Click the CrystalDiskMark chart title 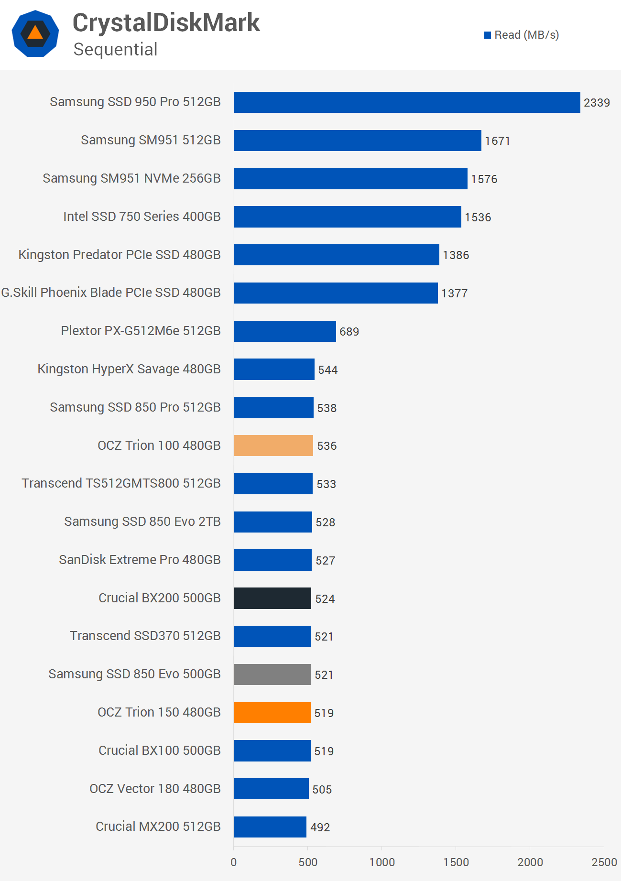(x=166, y=22)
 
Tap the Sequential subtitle (x=115, y=50)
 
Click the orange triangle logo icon (x=35, y=33)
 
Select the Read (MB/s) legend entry (x=522, y=35)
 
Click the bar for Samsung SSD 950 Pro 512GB (x=407, y=102)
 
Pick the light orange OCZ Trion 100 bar (x=273, y=446)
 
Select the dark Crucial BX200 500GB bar (x=272, y=598)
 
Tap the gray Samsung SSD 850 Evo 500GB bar (x=272, y=674)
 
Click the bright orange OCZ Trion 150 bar (x=272, y=713)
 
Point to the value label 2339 (x=597, y=103)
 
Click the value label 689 (x=349, y=332)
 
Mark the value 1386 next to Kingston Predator (x=456, y=255)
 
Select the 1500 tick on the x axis (x=456, y=862)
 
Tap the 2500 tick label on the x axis (x=604, y=862)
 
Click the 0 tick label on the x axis (x=234, y=862)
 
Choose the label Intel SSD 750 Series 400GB (x=142, y=217)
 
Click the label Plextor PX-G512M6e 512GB (x=141, y=331)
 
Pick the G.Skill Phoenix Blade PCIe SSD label (x=111, y=293)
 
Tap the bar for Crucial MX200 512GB (x=270, y=827)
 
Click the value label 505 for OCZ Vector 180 (x=322, y=790)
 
